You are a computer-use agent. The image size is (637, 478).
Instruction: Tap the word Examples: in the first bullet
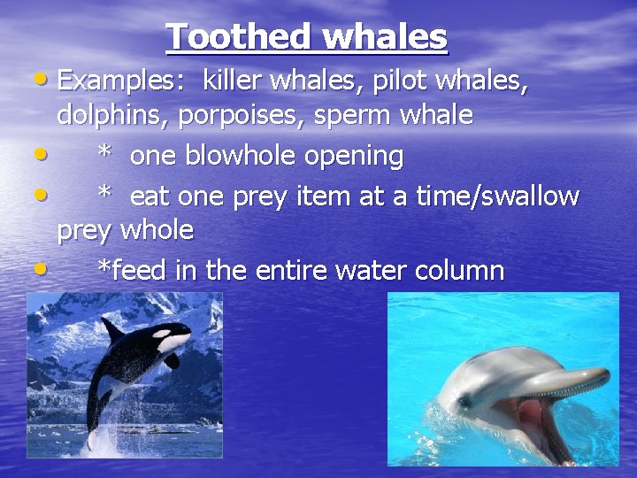[124, 81]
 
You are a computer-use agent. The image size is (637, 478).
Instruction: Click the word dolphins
[112, 116]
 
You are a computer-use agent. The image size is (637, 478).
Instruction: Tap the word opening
[354, 157]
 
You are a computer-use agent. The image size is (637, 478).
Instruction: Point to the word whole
[157, 230]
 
